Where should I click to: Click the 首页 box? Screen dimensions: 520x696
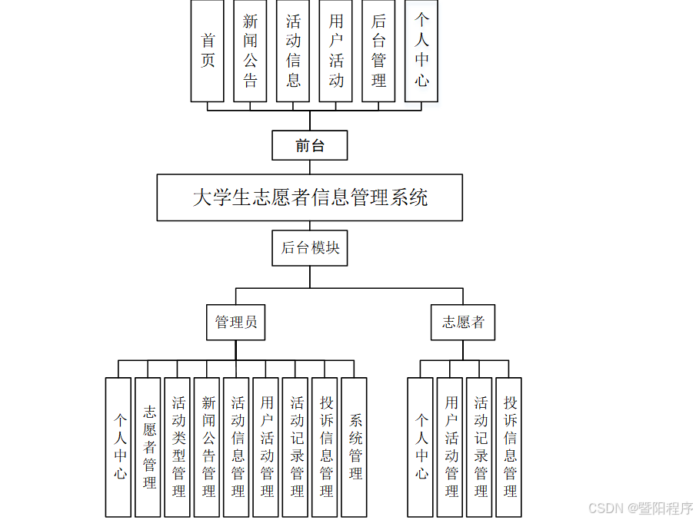(x=208, y=51)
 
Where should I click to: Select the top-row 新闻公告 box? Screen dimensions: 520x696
(x=251, y=51)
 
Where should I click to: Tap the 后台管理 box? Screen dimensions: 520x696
(x=378, y=51)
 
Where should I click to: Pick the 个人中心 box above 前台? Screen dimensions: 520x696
(x=421, y=51)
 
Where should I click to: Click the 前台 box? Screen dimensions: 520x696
(x=310, y=145)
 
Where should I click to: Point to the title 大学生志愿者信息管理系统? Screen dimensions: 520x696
(x=310, y=197)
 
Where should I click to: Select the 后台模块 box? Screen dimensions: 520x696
(x=310, y=248)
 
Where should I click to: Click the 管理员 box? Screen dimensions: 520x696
(x=236, y=322)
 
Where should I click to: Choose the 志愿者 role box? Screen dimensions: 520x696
(x=463, y=322)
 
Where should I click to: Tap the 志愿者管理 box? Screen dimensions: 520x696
(x=149, y=446)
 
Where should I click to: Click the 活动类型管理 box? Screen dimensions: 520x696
(x=178, y=446)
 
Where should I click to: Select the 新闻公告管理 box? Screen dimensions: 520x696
(x=208, y=446)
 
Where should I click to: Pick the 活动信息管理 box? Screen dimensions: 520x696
(x=238, y=446)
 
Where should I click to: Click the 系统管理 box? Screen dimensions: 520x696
(x=355, y=446)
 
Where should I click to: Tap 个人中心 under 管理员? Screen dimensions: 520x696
(x=119, y=446)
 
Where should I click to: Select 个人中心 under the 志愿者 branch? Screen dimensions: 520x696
(x=421, y=446)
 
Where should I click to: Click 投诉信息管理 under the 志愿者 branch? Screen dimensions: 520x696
(x=510, y=446)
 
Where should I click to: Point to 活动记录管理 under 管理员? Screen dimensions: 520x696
(x=297, y=446)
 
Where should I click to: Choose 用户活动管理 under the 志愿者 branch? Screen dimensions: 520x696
(x=451, y=446)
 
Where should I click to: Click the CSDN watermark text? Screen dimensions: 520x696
(x=641, y=508)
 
